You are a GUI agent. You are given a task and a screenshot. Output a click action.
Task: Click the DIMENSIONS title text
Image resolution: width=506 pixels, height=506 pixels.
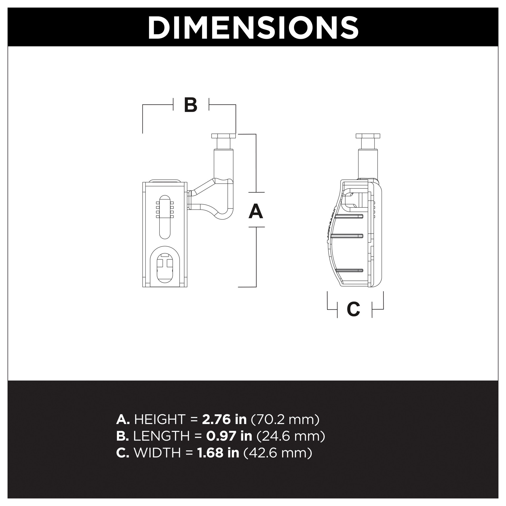click(x=253, y=27)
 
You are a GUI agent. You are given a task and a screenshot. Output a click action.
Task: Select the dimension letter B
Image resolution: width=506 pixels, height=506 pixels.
click(x=191, y=105)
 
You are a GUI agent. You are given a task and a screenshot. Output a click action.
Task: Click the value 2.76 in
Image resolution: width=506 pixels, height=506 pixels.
click(x=224, y=420)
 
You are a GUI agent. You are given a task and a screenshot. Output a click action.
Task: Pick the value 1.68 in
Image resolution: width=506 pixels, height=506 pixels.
click(x=218, y=453)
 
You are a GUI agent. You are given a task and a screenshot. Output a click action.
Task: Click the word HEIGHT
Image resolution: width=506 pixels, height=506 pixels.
click(x=160, y=420)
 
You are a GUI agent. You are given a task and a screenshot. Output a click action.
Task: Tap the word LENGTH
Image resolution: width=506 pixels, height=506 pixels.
click(x=161, y=436)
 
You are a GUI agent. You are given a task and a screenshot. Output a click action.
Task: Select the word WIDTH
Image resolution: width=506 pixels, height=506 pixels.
click(x=157, y=453)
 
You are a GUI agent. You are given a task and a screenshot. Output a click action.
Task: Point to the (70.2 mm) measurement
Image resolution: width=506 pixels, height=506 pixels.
click(x=285, y=420)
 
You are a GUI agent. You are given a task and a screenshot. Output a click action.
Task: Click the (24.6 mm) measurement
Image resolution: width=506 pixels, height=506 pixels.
click(x=291, y=436)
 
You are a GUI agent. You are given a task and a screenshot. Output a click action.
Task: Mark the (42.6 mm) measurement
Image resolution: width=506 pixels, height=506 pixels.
click(x=278, y=453)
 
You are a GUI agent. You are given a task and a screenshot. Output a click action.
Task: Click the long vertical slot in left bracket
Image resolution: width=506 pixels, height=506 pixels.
click(x=165, y=217)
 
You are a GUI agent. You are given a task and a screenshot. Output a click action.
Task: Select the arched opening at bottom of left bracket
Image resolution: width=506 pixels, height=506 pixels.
click(x=165, y=266)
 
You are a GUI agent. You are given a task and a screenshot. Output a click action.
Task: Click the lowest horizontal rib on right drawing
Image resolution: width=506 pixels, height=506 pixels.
click(x=349, y=270)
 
